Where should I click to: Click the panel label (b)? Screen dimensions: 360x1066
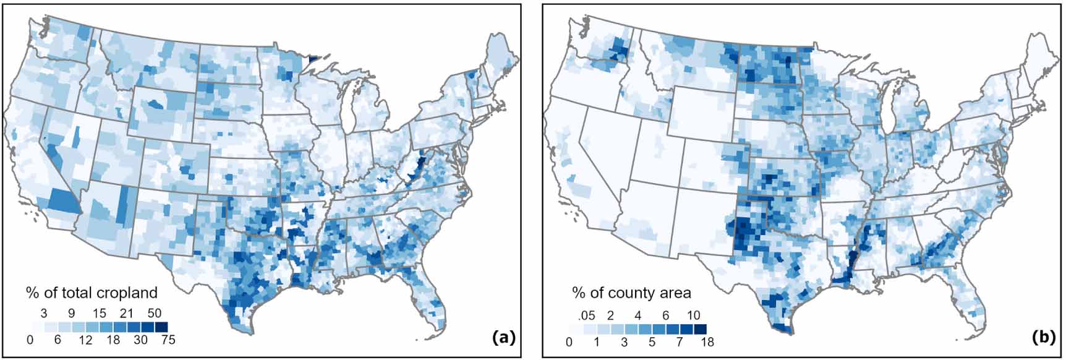coord(1043,338)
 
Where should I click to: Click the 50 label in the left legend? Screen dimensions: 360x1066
coord(154,314)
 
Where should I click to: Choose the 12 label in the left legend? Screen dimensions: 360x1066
coord(85,340)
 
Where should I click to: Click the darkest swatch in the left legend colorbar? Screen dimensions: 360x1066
coord(161,327)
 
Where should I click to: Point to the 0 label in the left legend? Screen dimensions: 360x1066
coord(30,340)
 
